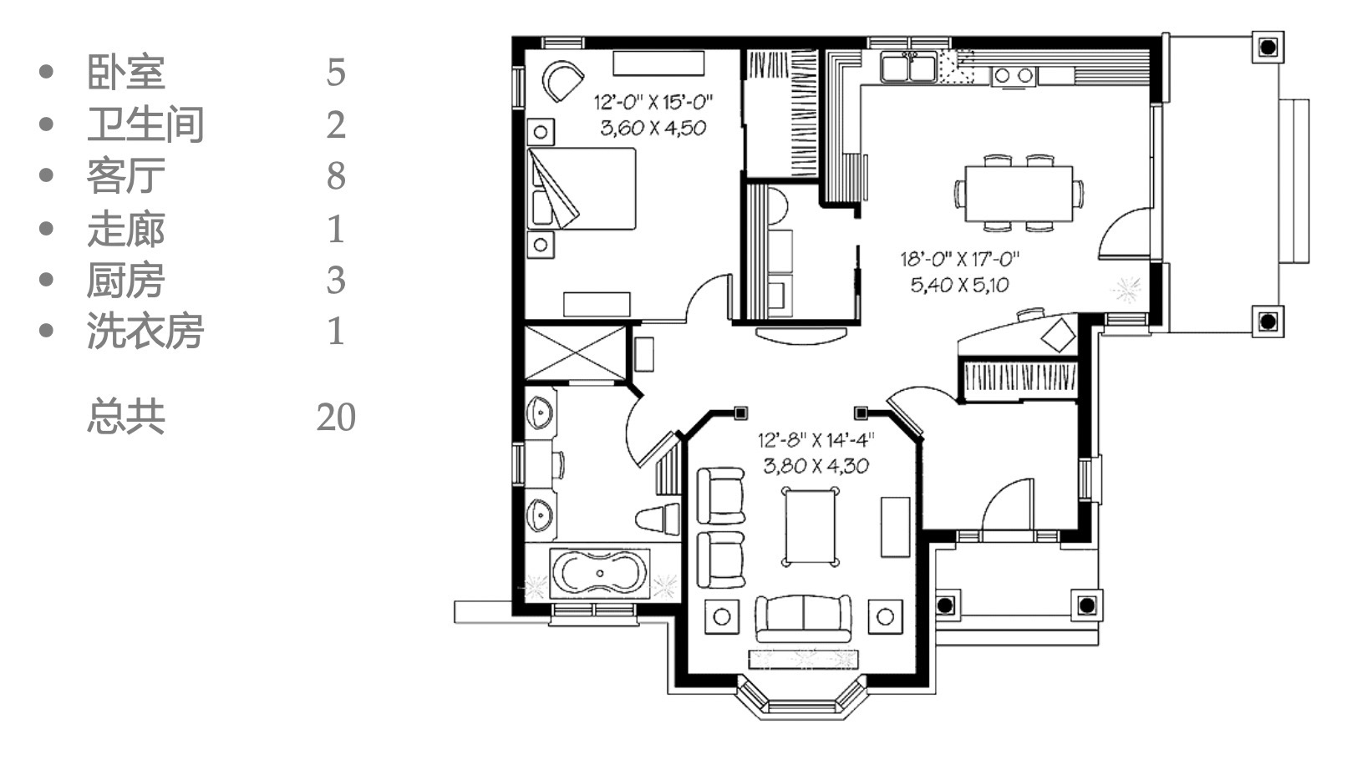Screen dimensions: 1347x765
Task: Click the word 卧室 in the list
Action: [x=125, y=72]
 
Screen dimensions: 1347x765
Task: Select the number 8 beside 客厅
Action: [x=336, y=175]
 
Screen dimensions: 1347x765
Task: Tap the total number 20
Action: [x=336, y=417]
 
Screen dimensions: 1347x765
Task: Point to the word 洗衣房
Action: [x=145, y=331]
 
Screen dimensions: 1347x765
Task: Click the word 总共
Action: [x=125, y=417]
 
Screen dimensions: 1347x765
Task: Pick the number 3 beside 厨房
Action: [x=336, y=280]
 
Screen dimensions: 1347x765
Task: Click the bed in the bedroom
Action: [x=582, y=189]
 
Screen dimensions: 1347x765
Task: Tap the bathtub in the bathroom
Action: [x=599, y=573]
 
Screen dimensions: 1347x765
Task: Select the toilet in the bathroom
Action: [x=658, y=518]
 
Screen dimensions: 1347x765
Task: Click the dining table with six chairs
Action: [x=1019, y=194]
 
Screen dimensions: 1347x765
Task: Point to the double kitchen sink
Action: [x=908, y=66]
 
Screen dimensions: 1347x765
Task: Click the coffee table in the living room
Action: [x=810, y=527]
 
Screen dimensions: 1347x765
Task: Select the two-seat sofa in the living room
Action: [x=803, y=618]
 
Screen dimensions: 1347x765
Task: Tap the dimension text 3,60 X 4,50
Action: [x=653, y=128]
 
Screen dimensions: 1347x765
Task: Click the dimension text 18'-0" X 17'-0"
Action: [x=960, y=259]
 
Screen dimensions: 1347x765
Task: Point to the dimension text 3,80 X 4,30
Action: [x=816, y=466]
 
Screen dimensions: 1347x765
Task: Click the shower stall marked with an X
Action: [x=576, y=352]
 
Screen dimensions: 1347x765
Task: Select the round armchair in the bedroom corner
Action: [x=562, y=80]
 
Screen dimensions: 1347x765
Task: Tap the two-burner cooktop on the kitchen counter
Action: [x=1014, y=76]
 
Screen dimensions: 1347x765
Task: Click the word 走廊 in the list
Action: [x=125, y=228]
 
